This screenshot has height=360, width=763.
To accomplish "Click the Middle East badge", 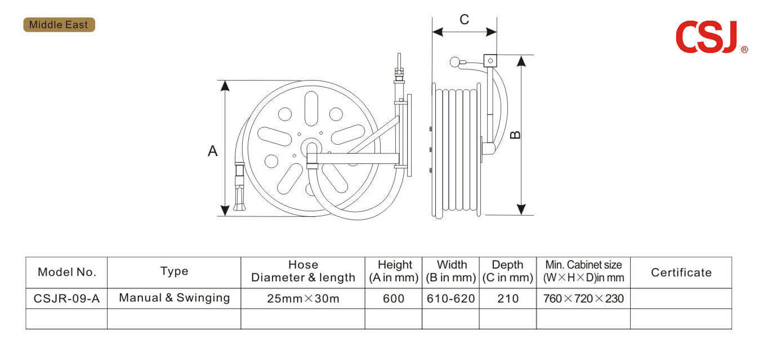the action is tap(59, 25).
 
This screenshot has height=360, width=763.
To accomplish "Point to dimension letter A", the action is tap(212, 150).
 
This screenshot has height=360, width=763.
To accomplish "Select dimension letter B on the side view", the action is tap(515, 135).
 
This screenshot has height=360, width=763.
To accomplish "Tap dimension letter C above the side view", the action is tap(464, 19).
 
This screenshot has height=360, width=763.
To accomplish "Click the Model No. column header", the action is tap(67, 272).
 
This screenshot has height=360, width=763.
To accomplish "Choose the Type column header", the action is tap(174, 272).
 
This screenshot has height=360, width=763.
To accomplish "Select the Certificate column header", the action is tap(681, 272).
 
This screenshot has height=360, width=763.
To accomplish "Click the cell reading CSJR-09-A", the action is tap(67, 299).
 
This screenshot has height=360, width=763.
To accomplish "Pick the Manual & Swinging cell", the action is tap(175, 297).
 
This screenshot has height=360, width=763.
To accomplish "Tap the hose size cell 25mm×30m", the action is tap(303, 299).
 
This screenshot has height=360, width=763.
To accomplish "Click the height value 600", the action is tap(394, 299).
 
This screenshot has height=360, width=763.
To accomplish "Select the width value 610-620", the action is tap(450, 299).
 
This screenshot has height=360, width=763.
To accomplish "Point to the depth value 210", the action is tap(508, 299).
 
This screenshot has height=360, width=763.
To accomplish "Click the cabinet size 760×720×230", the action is tap(583, 299).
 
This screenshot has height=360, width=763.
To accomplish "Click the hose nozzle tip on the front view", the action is tap(240, 207).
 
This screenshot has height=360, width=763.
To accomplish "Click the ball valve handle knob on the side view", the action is tap(454, 62).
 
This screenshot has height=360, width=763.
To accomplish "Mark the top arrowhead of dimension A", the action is tap(225, 86).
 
